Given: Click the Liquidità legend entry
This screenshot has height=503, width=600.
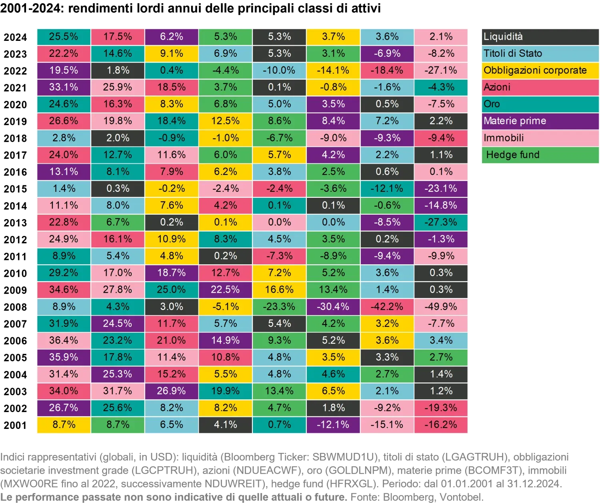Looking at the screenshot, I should pos(540,37).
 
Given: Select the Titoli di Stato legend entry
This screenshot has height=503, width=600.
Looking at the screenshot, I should pos(540,54).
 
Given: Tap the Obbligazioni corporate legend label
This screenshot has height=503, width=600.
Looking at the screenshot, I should pos(540,70).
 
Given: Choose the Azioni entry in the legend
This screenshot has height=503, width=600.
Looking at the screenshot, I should pos(540,87).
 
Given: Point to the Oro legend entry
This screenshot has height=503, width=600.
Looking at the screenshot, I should pos(540,104).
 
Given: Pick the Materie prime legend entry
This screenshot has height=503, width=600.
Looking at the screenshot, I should pos(540,121).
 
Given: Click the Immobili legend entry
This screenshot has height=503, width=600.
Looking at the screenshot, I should pos(540,138).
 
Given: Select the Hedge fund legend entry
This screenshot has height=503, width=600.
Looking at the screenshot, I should pos(540,155).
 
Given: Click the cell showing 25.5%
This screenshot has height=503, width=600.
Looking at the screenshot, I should pos(64,37).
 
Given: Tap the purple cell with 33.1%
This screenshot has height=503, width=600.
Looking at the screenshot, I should pos(64,87).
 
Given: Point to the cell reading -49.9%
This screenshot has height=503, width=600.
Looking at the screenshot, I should pos(441,307).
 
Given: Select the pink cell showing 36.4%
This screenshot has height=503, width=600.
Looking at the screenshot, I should pos(64,340).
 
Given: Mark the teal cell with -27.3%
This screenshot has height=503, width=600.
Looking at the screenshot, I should pos(441,222).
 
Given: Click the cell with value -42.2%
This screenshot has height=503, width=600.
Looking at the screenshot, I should pos(387,307).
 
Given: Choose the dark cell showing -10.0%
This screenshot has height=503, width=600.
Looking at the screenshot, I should pos(279,70).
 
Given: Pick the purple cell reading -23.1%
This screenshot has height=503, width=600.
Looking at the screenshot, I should pos(441,189).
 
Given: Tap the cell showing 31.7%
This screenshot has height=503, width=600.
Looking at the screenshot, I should pos(118,391).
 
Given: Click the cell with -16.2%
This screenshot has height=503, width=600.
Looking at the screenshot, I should pos(441,425).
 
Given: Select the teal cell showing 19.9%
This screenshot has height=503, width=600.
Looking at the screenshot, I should pos(225,391).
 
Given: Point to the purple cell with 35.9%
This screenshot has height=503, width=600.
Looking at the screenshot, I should pos(64,357).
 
